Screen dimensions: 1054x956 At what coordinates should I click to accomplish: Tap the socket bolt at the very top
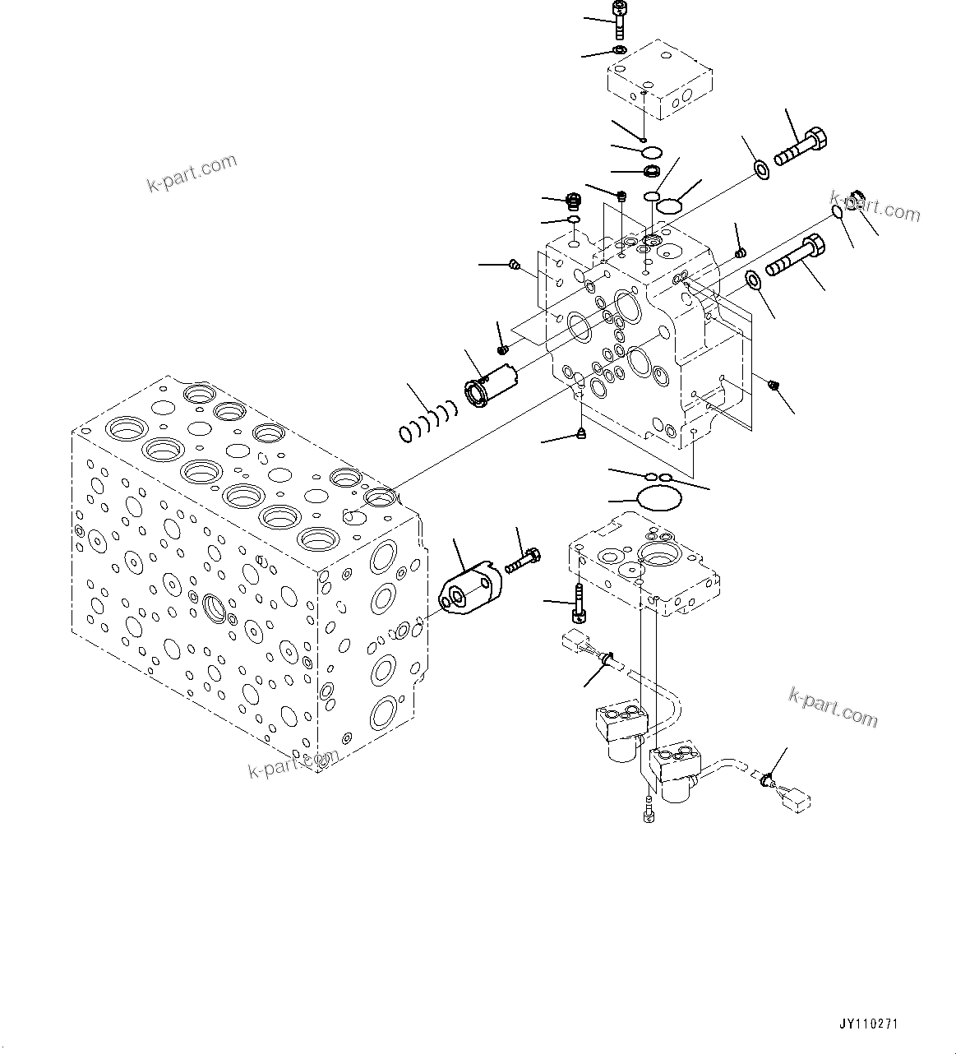point(618,18)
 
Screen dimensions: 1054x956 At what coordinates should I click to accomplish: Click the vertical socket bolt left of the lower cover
point(578,605)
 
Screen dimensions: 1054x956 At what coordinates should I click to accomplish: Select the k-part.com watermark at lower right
point(833,706)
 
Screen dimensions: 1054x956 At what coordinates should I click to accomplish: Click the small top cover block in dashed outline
point(659,81)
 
